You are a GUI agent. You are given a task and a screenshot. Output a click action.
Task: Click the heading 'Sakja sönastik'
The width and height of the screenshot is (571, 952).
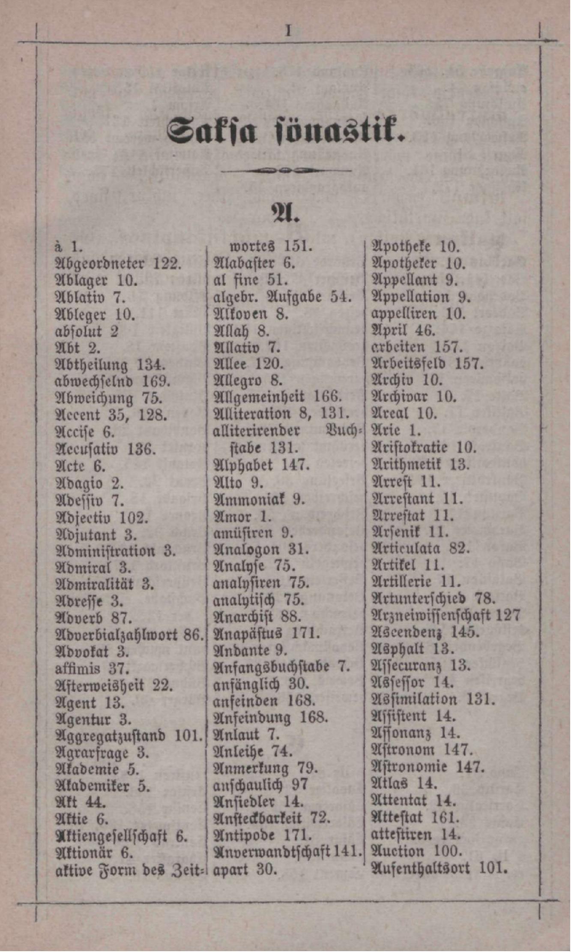point(285,129)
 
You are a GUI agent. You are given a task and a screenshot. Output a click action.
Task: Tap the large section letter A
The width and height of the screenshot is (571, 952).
point(285,213)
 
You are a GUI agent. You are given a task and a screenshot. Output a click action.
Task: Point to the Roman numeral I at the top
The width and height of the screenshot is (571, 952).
point(288,31)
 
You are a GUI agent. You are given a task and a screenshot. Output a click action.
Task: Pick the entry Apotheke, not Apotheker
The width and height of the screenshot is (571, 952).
point(400,246)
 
